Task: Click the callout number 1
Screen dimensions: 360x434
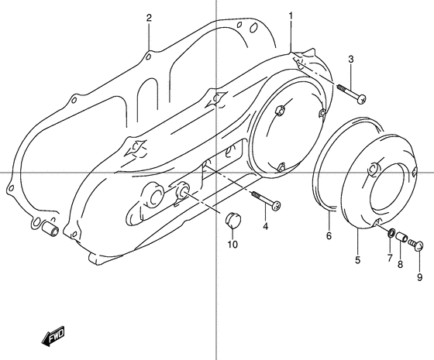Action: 291,16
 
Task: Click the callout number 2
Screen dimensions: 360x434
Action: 149,18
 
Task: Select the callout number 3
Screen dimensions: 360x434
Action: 350,60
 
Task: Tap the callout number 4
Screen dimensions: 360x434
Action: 265,226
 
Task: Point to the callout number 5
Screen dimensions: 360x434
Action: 357,260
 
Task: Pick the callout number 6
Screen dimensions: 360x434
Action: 329,236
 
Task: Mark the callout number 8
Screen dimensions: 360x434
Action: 401,265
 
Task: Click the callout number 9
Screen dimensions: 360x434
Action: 419,277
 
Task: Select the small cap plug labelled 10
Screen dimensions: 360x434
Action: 230,222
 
